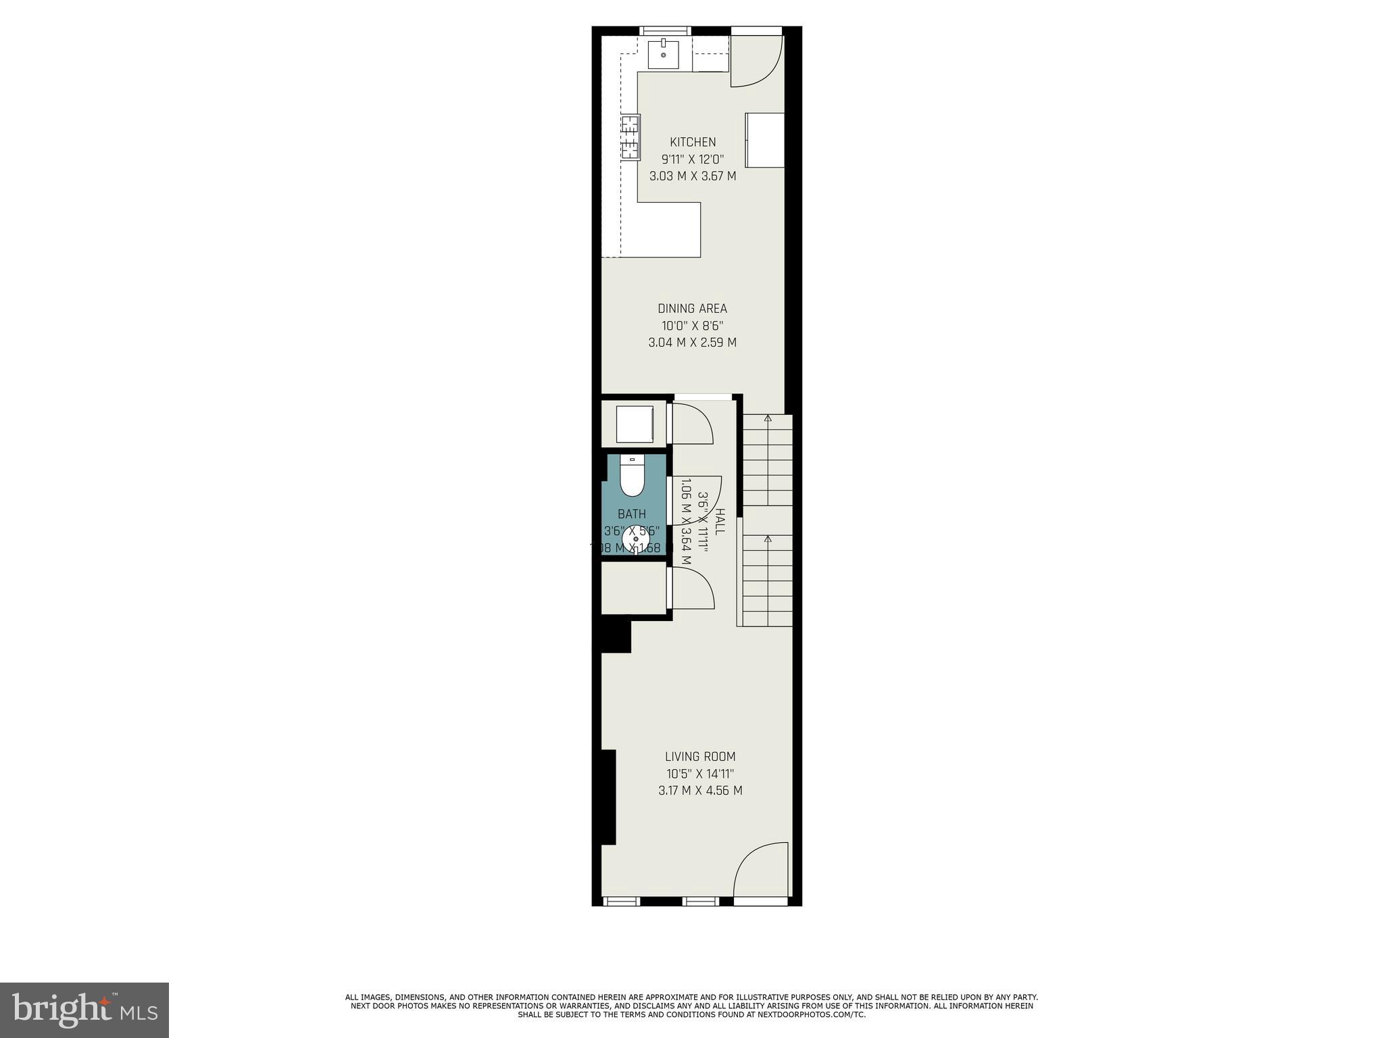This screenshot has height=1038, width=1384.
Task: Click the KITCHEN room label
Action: coord(693,142)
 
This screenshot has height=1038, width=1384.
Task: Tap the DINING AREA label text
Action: coord(693,308)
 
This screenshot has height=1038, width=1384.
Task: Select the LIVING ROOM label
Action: coord(700,756)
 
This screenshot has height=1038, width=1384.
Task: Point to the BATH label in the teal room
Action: coord(632,514)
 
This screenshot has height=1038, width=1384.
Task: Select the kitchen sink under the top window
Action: coord(664,54)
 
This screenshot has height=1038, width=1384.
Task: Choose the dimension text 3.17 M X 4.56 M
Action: coord(700,790)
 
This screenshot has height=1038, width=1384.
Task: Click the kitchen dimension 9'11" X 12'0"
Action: coord(693,159)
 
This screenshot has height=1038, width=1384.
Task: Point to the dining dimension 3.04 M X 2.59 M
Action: coord(693,342)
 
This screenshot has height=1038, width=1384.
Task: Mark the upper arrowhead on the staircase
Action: coord(767,419)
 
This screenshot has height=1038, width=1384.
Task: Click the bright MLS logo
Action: coord(84,1010)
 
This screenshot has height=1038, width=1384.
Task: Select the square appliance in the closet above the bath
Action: coord(635,424)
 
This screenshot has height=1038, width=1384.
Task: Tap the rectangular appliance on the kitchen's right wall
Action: coord(765,140)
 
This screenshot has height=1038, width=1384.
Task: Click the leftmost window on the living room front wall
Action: coord(620,900)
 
